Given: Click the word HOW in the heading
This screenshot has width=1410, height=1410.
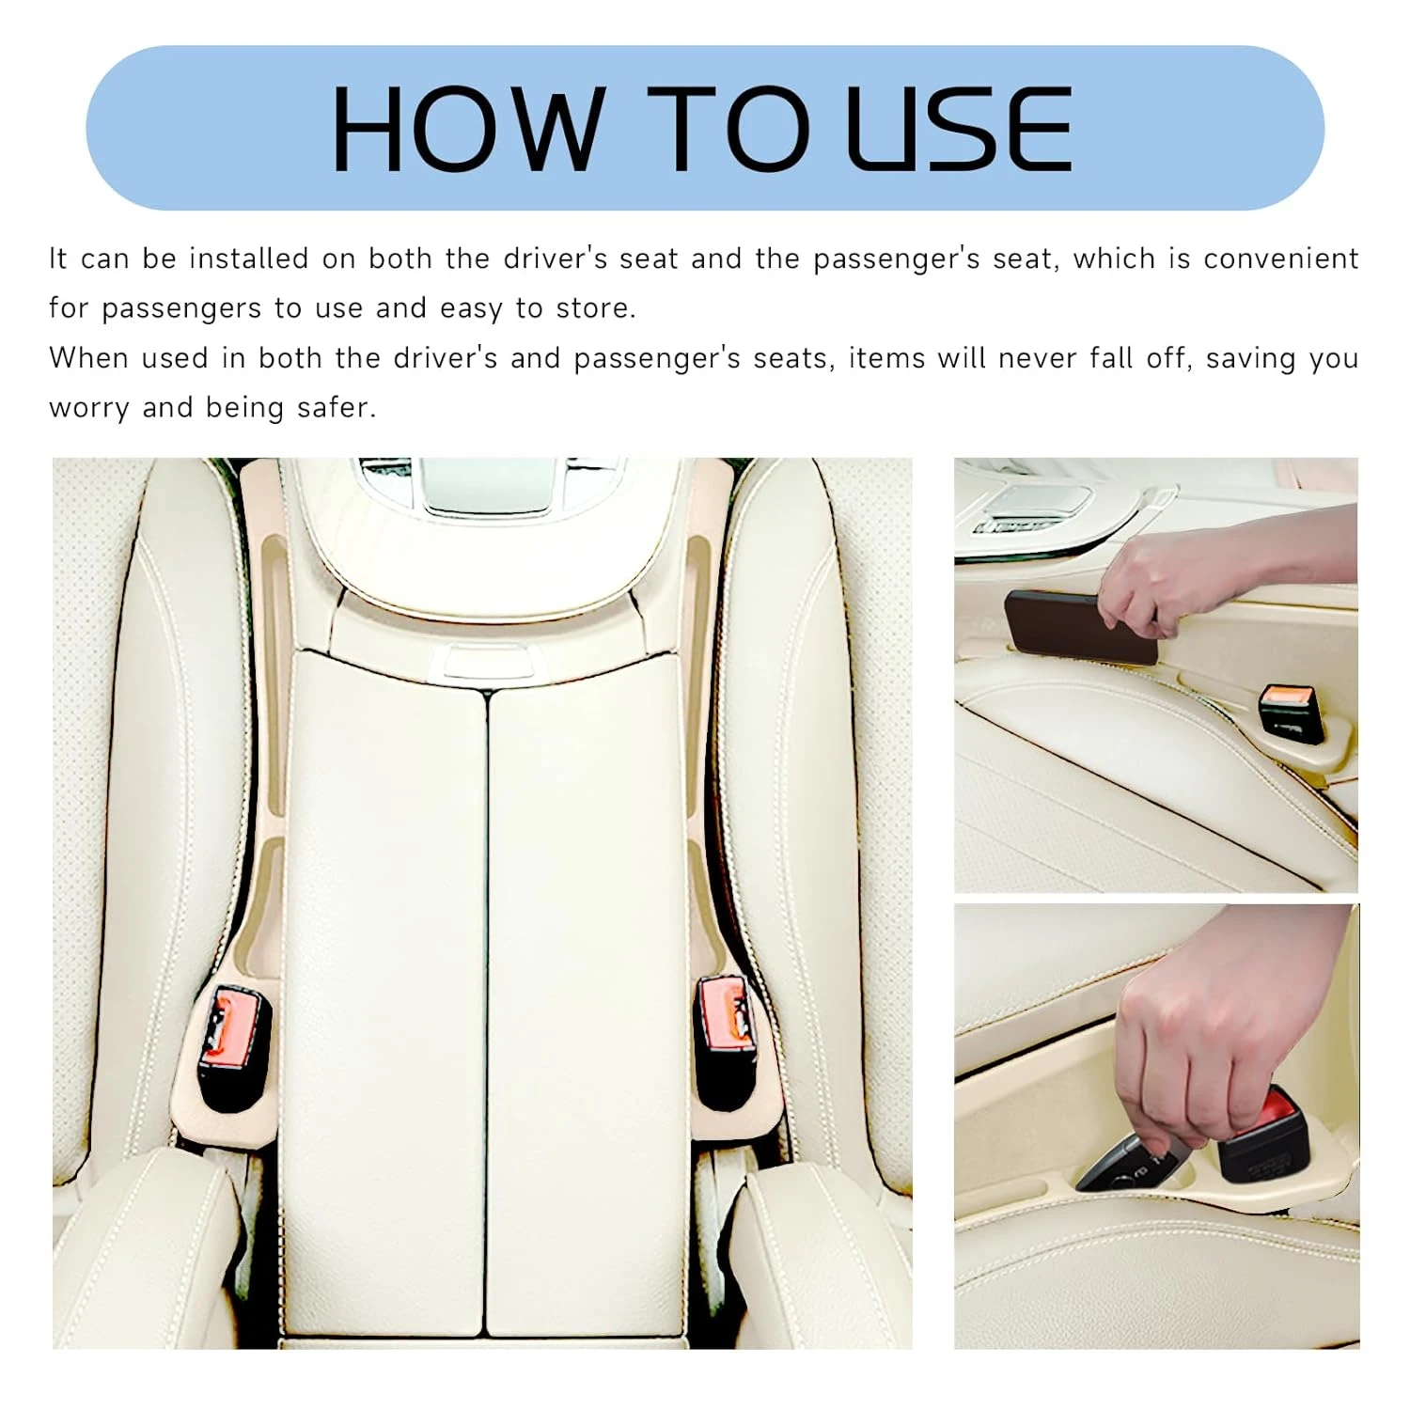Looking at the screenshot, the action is click(x=466, y=129).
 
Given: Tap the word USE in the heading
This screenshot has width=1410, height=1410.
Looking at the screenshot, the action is click(x=959, y=129).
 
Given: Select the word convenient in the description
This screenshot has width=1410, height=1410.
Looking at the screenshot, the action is click(x=1281, y=258).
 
